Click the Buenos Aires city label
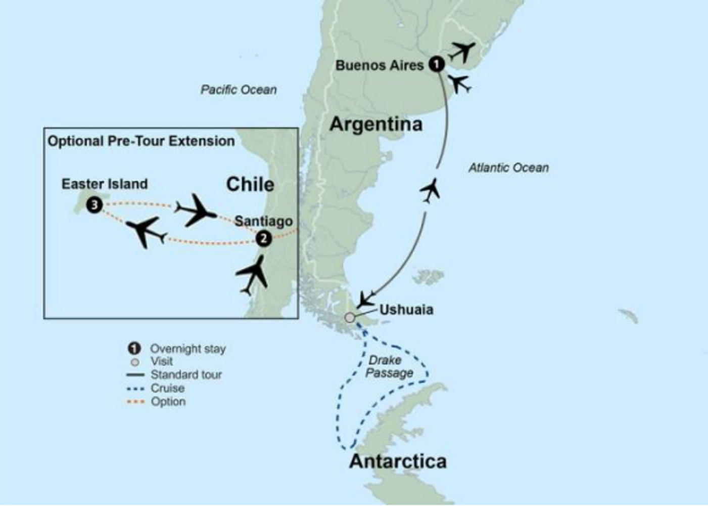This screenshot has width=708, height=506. (379, 65)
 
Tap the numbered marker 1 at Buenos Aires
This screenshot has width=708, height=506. (436, 64)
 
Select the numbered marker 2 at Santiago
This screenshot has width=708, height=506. (263, 238)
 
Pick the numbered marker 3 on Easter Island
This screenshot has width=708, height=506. (94, 205)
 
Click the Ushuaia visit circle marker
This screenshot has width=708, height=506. (349, 317)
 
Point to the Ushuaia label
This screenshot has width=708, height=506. (406, 310)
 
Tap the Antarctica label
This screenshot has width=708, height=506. (398, 461)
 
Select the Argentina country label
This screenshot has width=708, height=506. (375, 124)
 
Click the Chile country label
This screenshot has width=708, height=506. (250, 184)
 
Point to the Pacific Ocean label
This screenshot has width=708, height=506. (239, 90)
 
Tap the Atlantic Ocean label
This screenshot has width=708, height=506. (508, 167)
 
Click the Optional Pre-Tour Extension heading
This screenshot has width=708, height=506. (141, 141)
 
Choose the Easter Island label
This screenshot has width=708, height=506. (105, 184)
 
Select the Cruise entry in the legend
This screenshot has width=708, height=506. (167, 388)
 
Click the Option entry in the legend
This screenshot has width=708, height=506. (168, 401)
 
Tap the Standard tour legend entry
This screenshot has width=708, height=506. (186, 375)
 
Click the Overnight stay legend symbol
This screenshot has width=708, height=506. (134, 348)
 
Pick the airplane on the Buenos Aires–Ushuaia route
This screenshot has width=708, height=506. (430, 190)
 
